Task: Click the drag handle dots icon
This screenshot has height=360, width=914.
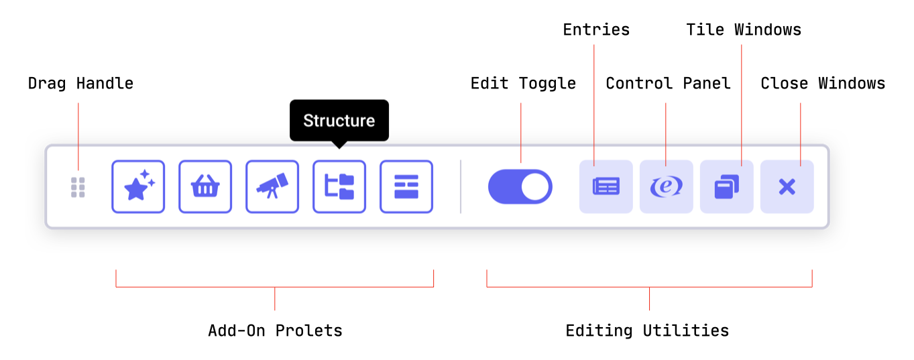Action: [x=78, y=187]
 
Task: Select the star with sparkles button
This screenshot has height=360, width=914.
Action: [x=138, y=187]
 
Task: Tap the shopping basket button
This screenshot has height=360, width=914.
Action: [x=205, y=187]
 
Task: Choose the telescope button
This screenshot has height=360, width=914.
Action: [x=272, y=187]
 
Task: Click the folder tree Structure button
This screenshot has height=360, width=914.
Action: [x=339, y=187]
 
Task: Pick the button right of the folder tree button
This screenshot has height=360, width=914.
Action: [x=406, y=187]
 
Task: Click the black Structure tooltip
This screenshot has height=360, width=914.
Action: [x=339, y=121]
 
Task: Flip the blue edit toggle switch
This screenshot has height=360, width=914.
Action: [x=520, y=187]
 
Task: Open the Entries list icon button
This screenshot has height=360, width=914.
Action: [x=606, y=187]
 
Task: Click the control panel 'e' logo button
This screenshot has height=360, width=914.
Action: [x=667, y=187]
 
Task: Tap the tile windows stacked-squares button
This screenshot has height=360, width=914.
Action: [x=727, y=187]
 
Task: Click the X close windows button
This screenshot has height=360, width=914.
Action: [x=787, y=187]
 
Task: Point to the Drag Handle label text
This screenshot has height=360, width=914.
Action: [x=80, y=84]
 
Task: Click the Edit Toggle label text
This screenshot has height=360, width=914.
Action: [x=523, y=84]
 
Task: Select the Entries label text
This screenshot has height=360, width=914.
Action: [x=596, y=29]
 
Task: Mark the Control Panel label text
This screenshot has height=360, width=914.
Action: [x=668, y=84]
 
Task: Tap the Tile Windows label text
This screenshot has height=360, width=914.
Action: [x=744, y=29]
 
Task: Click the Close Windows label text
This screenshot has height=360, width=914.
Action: [x=823, y=84]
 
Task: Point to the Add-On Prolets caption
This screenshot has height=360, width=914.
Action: [x=276, y=331]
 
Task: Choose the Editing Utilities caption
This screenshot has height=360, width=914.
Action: [x=647, y=331]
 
